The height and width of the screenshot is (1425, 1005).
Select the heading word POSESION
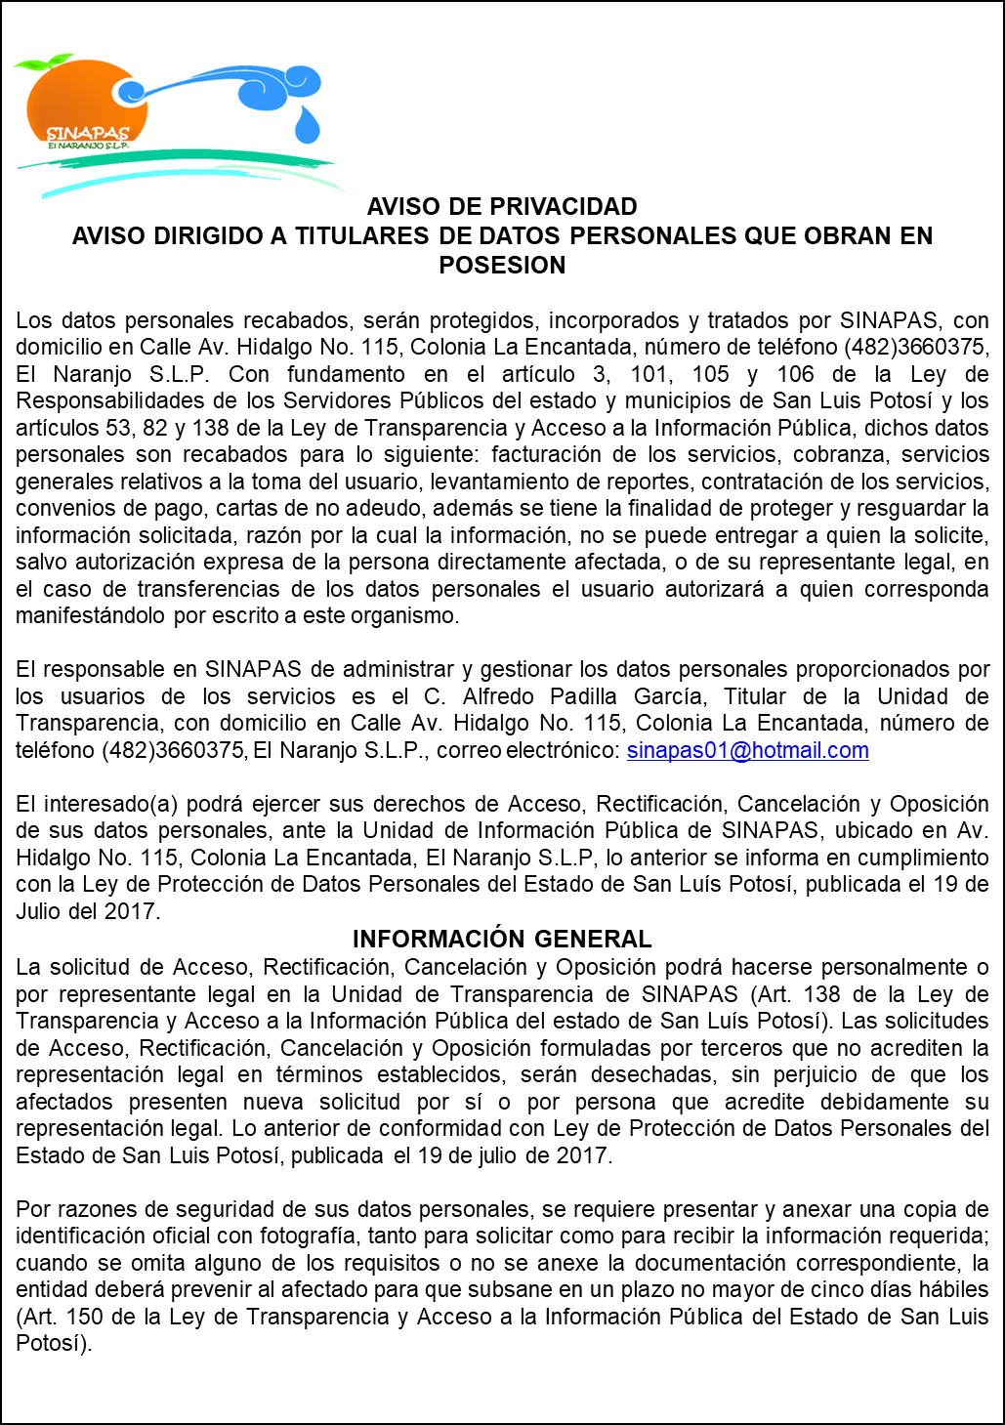502,266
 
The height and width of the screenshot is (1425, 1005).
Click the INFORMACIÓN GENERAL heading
502,940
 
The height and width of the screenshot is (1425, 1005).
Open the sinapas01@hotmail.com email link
747,751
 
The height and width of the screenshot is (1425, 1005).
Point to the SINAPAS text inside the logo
88,133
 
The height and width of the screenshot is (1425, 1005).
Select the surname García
668,697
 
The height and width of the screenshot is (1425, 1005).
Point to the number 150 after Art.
84,1318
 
